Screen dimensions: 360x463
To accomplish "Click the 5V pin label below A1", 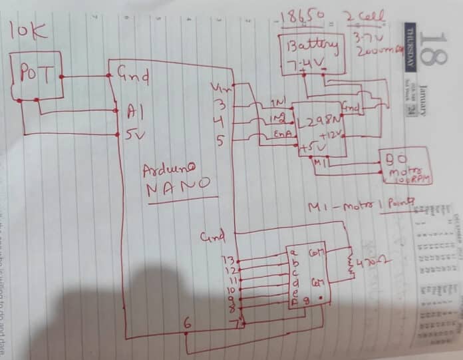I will [x=128, y=134].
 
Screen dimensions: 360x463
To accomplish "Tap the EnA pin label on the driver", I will [x=280, y=135].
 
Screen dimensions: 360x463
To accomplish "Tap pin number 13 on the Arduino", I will [x=228, y=258].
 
